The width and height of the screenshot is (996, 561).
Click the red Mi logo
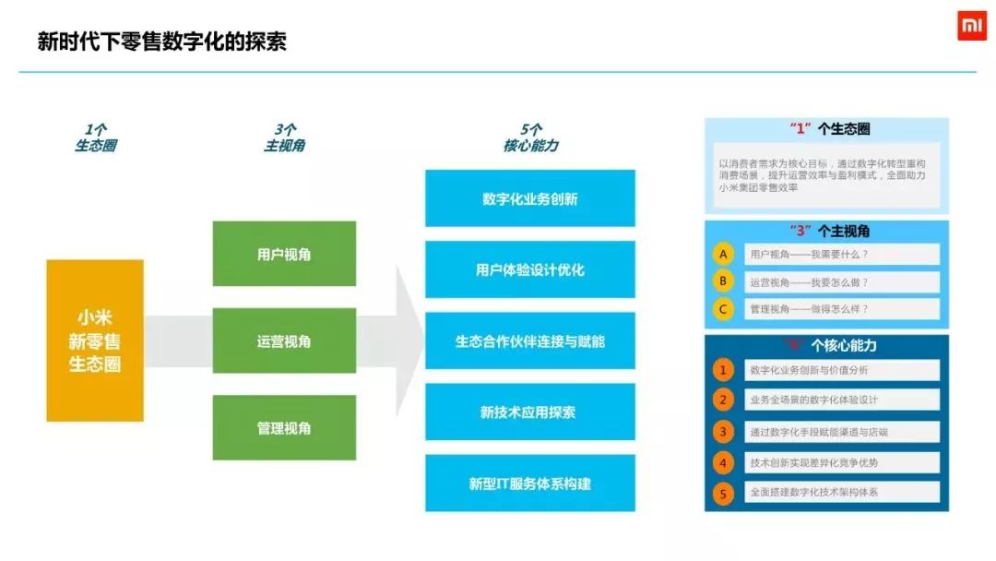971,28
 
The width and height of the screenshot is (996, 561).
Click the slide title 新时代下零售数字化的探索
161,42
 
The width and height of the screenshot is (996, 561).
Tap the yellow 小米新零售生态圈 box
95,340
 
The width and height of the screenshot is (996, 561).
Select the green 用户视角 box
284,254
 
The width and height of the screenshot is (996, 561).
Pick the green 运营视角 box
284,341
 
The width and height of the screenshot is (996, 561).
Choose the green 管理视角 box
284,428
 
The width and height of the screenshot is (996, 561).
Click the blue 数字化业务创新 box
530,198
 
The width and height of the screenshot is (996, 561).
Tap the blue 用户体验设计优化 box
530,270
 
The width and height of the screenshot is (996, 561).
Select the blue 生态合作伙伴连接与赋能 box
530,341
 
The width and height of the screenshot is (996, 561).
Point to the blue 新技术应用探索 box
530,412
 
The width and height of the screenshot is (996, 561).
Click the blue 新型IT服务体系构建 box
530,483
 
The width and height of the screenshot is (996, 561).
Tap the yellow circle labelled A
725,254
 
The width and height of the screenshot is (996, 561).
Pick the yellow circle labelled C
725,309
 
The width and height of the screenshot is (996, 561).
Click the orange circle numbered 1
724,370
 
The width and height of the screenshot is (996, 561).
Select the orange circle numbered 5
724,494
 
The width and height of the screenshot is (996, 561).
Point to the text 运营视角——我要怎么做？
809,282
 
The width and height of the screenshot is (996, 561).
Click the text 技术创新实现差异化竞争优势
813,462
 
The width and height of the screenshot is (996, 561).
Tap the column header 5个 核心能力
530,137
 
